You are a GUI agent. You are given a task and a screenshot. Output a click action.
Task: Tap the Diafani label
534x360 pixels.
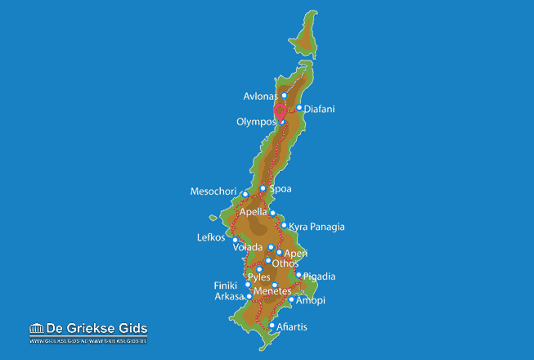pyautogui.click(x=320, y=108)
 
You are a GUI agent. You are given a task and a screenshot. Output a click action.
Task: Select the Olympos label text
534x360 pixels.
pyautogui.click(x=255, y=122)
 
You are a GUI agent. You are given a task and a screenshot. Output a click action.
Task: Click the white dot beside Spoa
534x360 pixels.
pyautogui.click(x=263, y=188)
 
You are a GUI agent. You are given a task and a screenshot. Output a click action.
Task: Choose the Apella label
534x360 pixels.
pyautogui.click(x=254, y=212)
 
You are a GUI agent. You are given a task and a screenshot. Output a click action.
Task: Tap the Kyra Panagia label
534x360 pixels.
pyautogui.click(x=317, y=227)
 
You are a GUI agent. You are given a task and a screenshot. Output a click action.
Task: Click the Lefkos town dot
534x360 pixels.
pyautogui.click(x=236, y=240)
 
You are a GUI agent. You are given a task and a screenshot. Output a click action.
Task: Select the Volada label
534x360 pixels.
pyautogui.click(x=248, y=247)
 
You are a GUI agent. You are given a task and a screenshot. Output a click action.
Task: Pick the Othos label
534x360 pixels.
pyautogui.click(x=286, y=263)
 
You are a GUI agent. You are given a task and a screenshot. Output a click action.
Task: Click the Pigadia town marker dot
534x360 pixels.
pyautogui.click(x=298, y=276)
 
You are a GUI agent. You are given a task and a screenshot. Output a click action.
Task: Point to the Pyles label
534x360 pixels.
pyautogui.click(x=258, y=277)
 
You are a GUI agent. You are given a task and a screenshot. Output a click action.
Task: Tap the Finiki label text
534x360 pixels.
pyautogui.click(x=227, y=286)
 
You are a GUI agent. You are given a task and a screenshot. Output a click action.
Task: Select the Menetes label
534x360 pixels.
pyautogui.click(x=272, y=290)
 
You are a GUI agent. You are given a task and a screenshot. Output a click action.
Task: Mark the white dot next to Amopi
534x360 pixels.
pyautogui.click(x=292, y=299)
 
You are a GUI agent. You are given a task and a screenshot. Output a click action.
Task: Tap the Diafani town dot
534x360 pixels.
pyautogui.click(x=299, y=107)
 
